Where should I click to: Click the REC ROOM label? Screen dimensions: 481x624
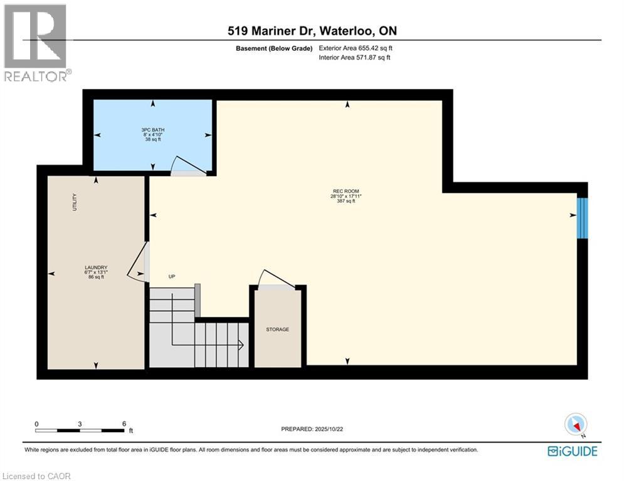[x=346, y=191]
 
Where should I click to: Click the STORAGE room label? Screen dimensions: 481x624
[x=277, y=329]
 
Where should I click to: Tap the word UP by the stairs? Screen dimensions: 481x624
[x=171, y=276]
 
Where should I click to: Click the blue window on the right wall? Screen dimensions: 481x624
[x=582, y=218]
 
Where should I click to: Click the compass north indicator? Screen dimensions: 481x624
[x=575, y=425]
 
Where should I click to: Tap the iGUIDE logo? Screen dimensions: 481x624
[x=572, y=451]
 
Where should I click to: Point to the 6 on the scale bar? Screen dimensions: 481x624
[x=124, y=423]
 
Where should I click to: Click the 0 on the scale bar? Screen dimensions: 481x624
[x=36, y=423]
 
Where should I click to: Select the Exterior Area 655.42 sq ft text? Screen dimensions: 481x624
[x=356, y=48]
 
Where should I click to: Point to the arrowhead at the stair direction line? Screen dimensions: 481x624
[x=240, y=344]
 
